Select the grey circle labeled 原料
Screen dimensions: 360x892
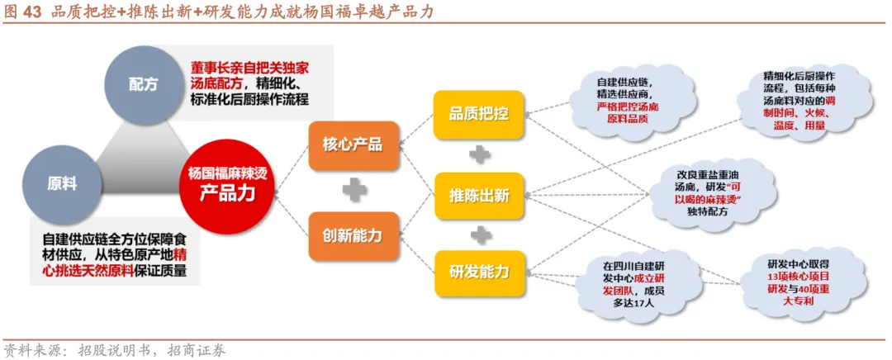coord(63,184)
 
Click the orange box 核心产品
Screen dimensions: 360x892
coord(353,144)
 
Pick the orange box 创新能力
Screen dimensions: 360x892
coord(353,235)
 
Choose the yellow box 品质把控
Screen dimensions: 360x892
coord(479,113)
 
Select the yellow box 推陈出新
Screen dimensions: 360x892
coord(479,196)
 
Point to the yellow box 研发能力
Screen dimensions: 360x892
coord(479,272)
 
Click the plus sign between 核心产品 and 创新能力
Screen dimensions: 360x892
coord(354,190)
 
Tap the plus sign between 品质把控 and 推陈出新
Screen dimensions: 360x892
coord(479,154)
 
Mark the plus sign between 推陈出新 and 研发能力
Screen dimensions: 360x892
coord(479,234)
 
